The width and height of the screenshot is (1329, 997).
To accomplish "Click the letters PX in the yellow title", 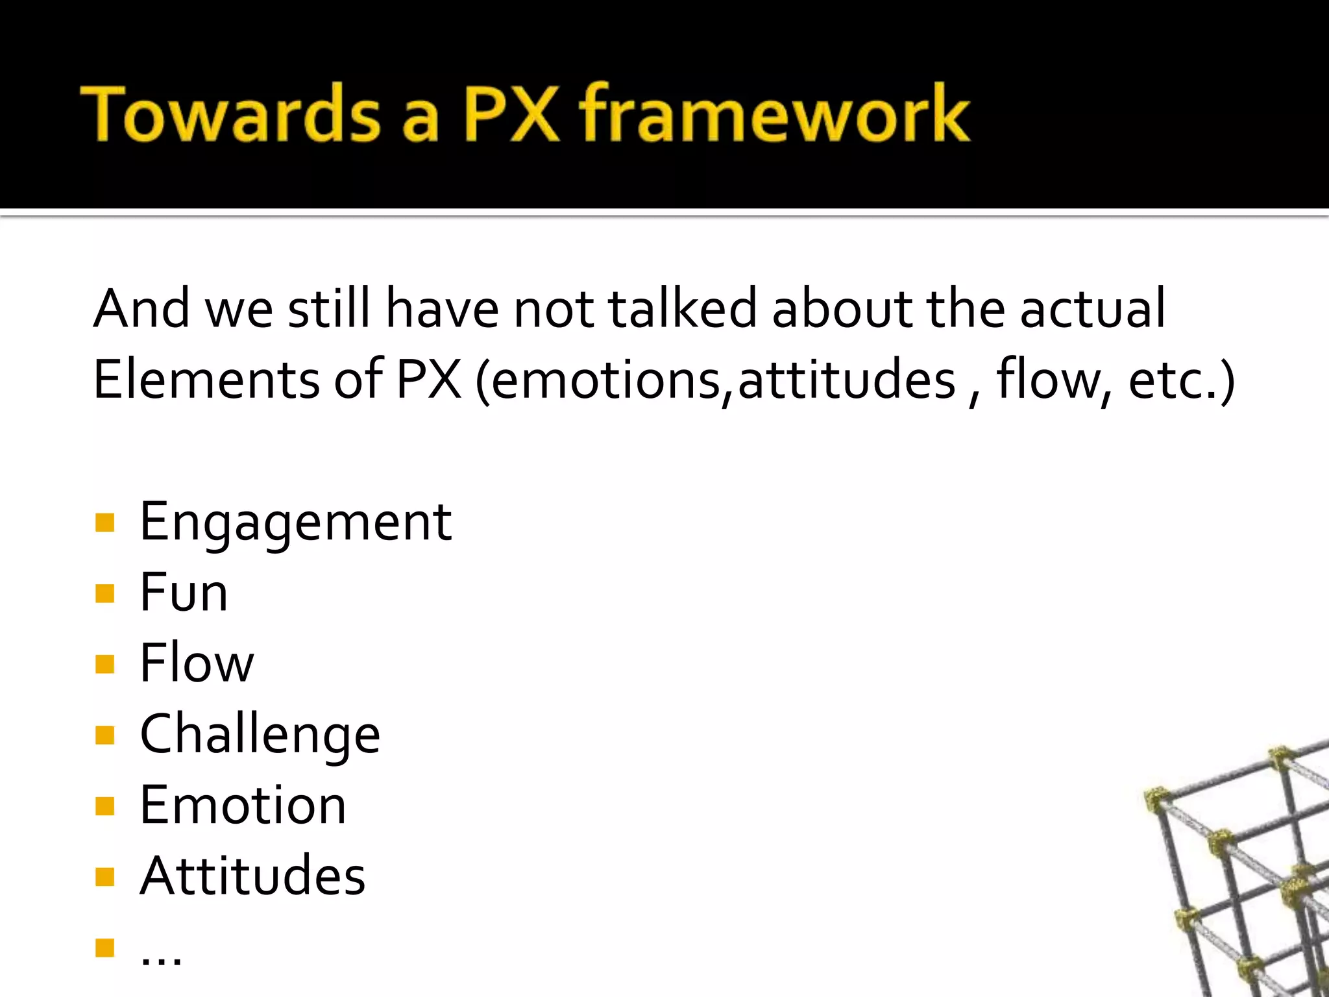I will click(x=510, y=114).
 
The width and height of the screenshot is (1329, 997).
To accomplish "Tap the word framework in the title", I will click(x=774, y=114).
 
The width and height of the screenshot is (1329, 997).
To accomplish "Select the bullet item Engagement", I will click(x=295, y=523).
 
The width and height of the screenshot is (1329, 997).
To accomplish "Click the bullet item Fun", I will click(x=184, y=593).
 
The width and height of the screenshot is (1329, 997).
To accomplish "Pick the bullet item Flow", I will click(x=197, y=663).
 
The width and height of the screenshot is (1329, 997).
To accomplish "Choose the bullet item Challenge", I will click(x=260, y=735).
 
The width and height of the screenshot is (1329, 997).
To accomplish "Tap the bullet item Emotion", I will click(x=243, y=806).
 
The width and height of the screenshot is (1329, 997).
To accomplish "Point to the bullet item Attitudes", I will click(x=252, y=876).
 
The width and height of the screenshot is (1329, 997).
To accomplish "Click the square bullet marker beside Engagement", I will click(x=104, y=523).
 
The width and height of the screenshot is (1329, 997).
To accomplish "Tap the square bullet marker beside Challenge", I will click(x=104, y=735).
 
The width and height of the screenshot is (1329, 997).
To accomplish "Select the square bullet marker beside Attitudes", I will click(x=104, y=877).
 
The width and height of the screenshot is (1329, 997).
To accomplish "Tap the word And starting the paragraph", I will click(x=141, y=308).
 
